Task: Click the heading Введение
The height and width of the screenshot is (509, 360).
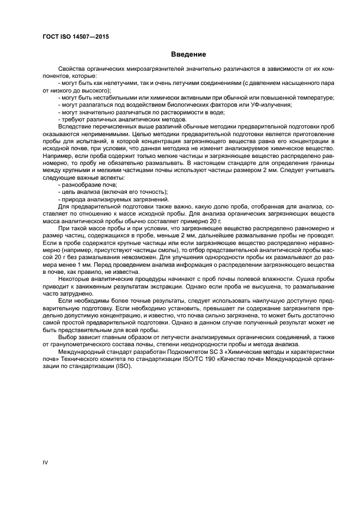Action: (x=188, y=55)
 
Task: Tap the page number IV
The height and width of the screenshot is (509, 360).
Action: (x=46, y=462)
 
